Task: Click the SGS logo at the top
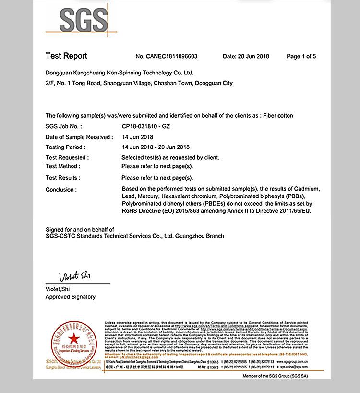tap(83, 20)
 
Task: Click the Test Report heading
tap(66, 56)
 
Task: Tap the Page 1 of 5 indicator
tap(301, 56)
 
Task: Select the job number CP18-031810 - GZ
tap(146, 126)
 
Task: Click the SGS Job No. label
tap(63, 126)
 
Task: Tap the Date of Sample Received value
tap(137, 137)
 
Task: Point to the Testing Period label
tap(65, 147)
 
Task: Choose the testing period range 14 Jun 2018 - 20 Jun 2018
tap(156, 147)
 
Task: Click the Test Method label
tap(63, 166)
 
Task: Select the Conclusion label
tap(61, 190)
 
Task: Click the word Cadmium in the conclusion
tap(307, 189)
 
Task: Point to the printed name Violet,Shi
tap(58, 289)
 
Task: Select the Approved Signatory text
tap(70, 297)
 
